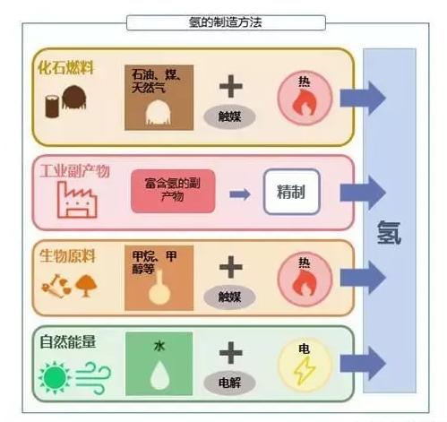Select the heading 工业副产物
point(74,169)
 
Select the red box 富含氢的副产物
point(172,191)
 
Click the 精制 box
point(291,191)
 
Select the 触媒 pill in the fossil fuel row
point(231,116)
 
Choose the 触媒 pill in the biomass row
point(231,296)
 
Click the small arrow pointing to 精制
point(237,192)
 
